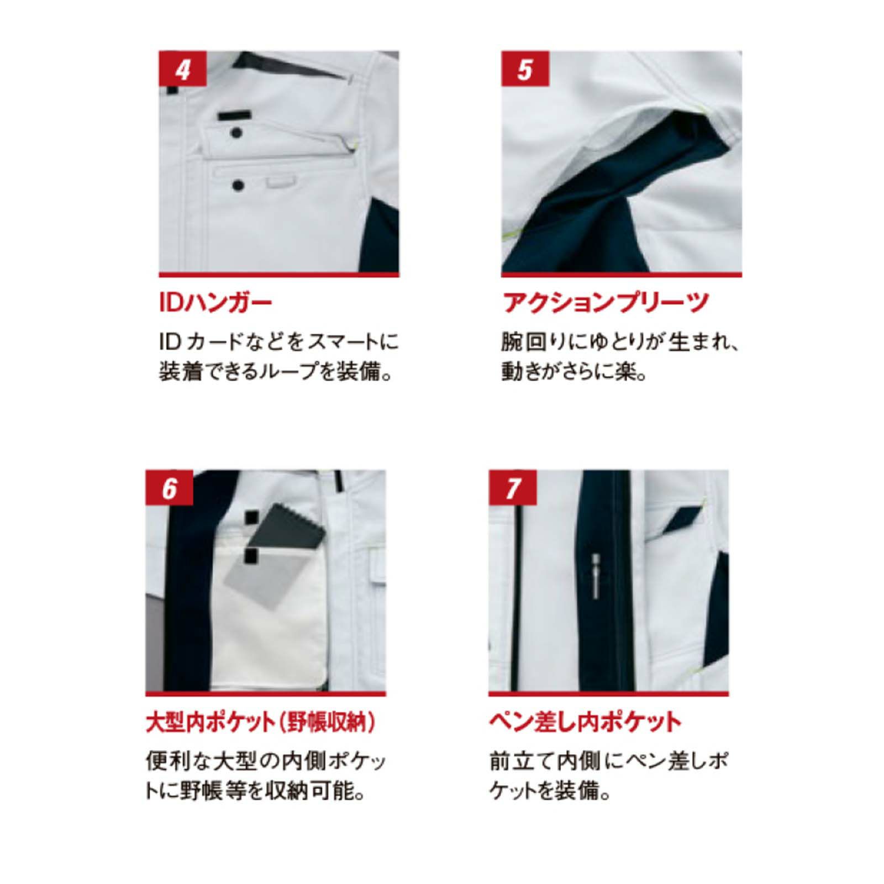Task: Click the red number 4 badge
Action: pos(182,70)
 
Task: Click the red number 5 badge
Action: pos(525,70)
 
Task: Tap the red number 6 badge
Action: pos(169,488)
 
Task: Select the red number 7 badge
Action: pos(513,488)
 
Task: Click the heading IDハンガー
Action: pos(215,303)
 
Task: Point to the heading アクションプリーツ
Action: pos(605,303)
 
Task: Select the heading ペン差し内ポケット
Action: pos(585,723)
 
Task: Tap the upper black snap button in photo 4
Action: pos(236,133)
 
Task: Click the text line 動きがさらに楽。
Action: pos(575,372)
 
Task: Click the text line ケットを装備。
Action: pos(550,792)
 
